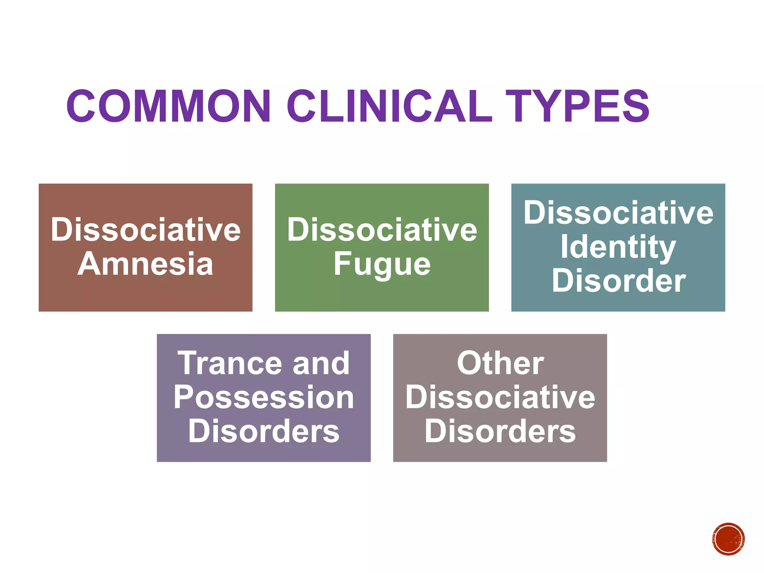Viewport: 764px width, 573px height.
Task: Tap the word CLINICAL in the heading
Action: [x=390, y=106]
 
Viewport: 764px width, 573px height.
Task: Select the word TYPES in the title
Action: [x=577, y=106]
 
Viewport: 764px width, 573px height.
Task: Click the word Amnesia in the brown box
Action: [x=145, y=264]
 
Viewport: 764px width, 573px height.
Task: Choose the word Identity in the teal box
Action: [x=618, y=247]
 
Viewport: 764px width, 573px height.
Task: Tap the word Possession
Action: [x=264, y=397]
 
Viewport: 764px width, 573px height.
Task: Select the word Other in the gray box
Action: [x=500, y=363]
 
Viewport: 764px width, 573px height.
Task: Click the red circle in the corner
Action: [x=728, y=539]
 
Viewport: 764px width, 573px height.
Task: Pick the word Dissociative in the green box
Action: [x=382, y=230]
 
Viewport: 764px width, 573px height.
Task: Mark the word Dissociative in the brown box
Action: [x=145, y=230]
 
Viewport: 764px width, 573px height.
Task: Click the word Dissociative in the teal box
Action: [x=618, y=213]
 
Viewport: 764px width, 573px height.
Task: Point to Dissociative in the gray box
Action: [x=500, y=397]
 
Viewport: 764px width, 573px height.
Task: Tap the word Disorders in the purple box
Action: [x=264, y=431]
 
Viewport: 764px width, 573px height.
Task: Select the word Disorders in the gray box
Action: [x=500, y=431]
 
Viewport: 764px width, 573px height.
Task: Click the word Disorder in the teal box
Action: [x=618, y=281]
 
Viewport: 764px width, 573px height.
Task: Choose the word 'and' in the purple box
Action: [x=321, y=363]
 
